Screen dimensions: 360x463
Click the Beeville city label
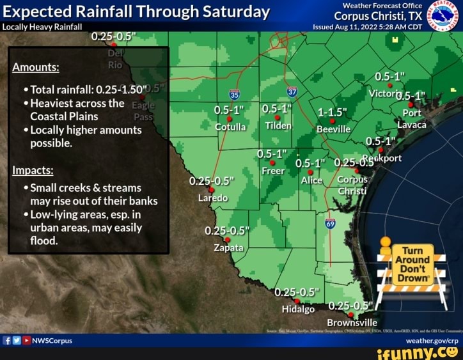pyautogui.click(x=333, y=129)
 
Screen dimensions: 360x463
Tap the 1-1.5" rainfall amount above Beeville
pyautogui.click(x=333, y=112)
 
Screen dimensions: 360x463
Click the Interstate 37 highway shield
pyautogui.click(x=292, y=92)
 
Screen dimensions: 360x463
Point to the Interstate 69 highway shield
pyautogui.click(x=330, y=223)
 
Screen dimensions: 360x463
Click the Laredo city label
pyautogui.click(x=213, y=198)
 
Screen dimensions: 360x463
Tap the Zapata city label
pyautogui.click(x=228, y=247)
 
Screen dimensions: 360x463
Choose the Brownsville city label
pyautogui.click(x=352, y=322)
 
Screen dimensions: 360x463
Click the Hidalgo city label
pyautogui.click(x=298, y=309)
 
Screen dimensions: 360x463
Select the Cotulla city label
pyautogui.click(x=230, y=126)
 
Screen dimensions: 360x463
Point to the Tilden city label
pyautogui.click(x=278, y=126)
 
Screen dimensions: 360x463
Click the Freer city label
pyautogui.click(x=273, y=171)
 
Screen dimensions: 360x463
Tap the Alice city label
pyautogui.click(x=311, y=180)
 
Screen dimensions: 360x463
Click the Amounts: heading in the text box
pyautogui.click(x=36, y=68)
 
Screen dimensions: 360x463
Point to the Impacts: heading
pyautogui.click(x=32, y=171)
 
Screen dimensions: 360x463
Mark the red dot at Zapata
pyautogui.click(x=227, y=239)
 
